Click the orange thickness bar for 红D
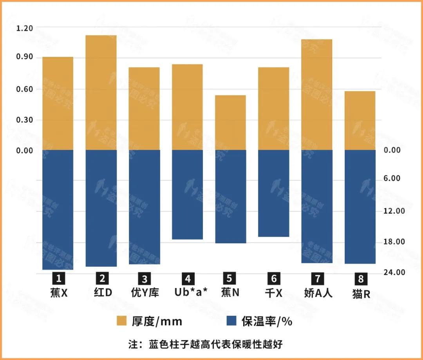pyautogui.click(x=101, y=93)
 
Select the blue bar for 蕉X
pyautogui.click(x=58, y=210)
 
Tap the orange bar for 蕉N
pyautogui.click(x=230, y=122)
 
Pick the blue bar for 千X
pyautogui.click(x=273, y=193)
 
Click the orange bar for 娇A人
pyautogui.click(x=316, y=95)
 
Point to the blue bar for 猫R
pyautogui.click(x=360, y=207)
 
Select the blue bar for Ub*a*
pyautogui.click(x=187, y=194)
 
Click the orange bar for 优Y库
pyautogui.click(x=144, y=109)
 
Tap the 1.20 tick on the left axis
pyautogui.click(x=25, y=28)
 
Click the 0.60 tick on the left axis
pyautogui.click(x=25, y=89)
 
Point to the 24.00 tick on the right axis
pyautogui.click(x=394, y=272)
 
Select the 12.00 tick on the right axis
pyautogui.click(x=394, y=211)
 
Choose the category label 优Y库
pyautogui.click(x=145, y=292)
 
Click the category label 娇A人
pyautogui.click(x=318, y=292)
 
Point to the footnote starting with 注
pyautogui.click(x=205, y=344)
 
